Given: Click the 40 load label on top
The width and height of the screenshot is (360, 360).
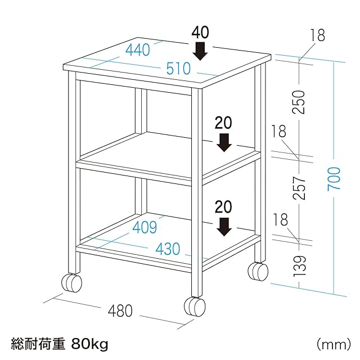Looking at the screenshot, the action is point(200,32).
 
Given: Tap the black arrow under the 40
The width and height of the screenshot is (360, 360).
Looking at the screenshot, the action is point(200,52).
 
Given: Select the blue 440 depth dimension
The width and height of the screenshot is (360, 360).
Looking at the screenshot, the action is point(138,50).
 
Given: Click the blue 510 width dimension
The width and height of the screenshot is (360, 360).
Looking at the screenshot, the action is point(178,69).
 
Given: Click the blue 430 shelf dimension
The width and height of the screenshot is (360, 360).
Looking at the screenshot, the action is point(168,248).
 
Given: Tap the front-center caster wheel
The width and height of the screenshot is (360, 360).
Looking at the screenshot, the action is point(195,307).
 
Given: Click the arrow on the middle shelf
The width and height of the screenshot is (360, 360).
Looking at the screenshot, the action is point(224,143).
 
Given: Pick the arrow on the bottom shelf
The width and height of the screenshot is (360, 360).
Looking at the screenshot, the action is point(224,226).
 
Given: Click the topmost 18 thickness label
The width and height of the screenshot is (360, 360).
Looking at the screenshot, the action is point(317,36).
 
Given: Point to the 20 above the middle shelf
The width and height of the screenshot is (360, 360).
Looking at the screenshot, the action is point(223,123).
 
